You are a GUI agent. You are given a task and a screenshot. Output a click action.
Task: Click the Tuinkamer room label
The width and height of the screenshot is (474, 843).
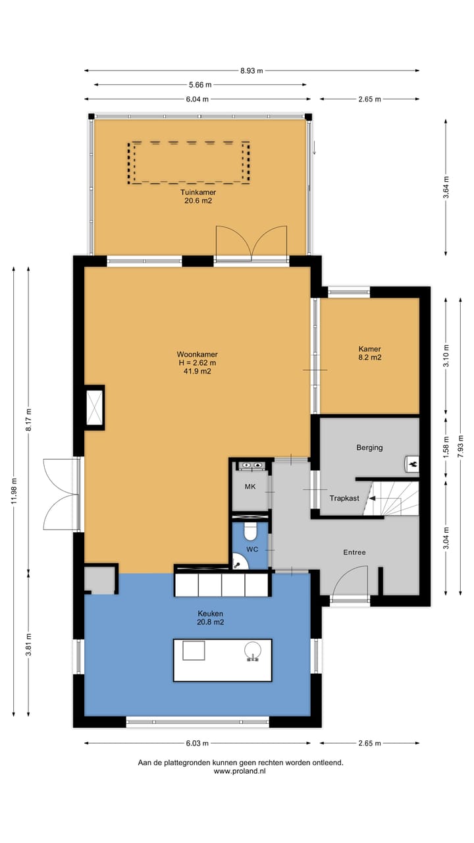198,192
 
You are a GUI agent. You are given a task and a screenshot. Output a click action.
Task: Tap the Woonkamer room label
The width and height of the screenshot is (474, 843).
197,354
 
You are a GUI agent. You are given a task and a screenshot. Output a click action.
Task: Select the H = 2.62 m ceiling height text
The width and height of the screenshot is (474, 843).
197,363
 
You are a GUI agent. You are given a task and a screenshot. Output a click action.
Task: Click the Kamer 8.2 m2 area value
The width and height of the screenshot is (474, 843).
370,358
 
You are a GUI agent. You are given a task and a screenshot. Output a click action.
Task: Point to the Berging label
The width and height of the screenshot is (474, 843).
370,447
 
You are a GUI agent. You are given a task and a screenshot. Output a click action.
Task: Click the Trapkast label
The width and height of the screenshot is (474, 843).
344,499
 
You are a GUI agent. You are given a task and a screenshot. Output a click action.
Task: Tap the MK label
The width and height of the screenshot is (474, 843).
250,487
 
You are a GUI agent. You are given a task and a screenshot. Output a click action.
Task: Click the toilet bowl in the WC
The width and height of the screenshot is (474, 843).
250,531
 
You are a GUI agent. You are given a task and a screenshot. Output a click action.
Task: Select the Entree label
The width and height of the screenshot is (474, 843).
354,552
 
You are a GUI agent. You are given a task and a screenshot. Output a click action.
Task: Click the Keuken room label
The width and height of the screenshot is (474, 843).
210,613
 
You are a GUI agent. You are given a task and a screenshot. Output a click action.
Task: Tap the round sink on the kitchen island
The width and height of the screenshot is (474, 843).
253,650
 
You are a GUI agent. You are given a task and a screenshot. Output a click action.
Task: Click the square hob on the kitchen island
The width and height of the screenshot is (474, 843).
194,651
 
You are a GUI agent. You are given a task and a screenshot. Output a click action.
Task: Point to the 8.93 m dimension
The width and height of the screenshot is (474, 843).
251,70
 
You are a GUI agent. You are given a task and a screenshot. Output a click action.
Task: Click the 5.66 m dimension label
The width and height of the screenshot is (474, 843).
200,85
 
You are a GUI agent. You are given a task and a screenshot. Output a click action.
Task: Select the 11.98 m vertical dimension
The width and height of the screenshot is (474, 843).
14,491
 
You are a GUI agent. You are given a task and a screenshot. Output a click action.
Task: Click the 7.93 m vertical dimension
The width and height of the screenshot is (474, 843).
461,447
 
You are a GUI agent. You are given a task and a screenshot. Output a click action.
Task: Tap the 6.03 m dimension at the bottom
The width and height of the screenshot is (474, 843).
197,744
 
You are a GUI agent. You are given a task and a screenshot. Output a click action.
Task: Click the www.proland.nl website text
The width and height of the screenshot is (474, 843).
240,771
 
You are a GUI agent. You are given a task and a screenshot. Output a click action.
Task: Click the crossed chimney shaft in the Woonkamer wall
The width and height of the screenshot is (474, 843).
94,407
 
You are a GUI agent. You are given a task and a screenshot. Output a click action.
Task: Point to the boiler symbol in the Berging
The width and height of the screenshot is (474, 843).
412,464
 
